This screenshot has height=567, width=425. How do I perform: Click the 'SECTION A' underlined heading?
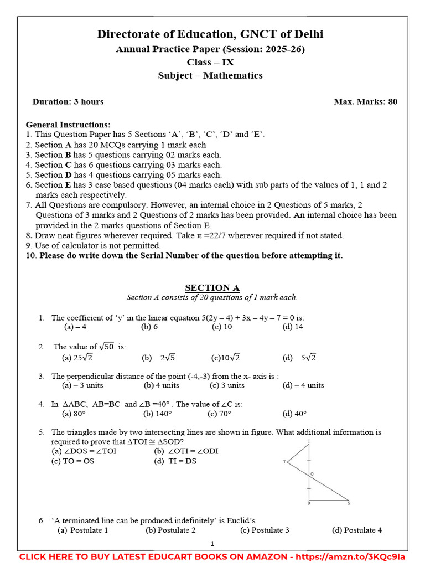point(212,287)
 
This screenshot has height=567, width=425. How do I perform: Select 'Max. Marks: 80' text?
point(365,101)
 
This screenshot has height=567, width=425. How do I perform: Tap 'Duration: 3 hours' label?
point(68,101)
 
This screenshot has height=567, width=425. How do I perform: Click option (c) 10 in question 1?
point(222,327)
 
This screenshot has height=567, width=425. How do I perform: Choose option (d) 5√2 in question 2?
point(299,358)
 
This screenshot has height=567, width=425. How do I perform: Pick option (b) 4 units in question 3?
point(161,385)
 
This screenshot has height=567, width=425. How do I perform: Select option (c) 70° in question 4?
point(219,413)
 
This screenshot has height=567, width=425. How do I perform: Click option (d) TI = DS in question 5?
point(175,461)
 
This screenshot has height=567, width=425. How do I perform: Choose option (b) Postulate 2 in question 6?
point(170,530)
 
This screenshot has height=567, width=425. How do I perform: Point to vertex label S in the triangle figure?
point(349,503)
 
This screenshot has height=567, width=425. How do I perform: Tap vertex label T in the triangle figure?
point(284,461)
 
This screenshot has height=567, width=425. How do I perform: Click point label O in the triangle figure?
point(312,474)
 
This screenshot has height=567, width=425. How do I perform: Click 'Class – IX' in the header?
point(210,62)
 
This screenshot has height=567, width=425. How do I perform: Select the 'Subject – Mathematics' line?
point(210,75)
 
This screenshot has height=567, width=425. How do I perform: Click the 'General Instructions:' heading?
point(68,125)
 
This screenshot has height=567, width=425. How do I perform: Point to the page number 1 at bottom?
point(212,544)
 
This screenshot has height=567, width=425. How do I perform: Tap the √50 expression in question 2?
point(107,347)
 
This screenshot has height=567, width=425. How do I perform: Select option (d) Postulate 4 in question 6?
point(356,530)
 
